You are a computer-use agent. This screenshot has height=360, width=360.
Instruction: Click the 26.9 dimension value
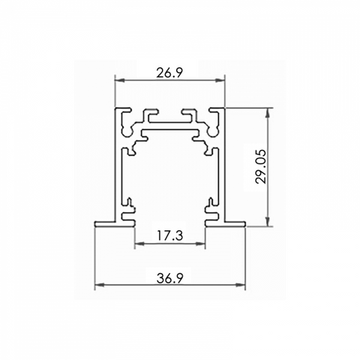(169, 73)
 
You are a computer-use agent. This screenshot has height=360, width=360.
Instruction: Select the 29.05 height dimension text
(261, 167)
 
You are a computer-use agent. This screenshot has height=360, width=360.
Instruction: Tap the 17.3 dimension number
(170, 235)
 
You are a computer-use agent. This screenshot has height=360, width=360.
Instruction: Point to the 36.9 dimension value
(170, 278)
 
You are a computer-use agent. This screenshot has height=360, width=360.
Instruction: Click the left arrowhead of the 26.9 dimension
(119, 80)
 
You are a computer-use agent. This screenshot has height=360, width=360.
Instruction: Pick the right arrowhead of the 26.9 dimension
(220, 80)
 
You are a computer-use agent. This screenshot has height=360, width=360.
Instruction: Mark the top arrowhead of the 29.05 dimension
(268, 112)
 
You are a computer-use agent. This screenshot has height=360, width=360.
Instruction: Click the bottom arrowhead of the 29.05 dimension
(268, 221)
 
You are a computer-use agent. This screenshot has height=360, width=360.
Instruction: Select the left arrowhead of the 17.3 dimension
(139, 243)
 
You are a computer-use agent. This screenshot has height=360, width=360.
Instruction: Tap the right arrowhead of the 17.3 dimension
(200, 243)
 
